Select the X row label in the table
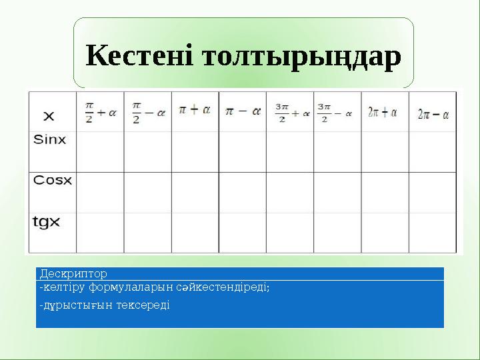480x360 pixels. click(x=48, y=116)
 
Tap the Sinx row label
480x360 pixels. click(x=50, y=140)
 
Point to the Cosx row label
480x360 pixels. click(x=52, y=181)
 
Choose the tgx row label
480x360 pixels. click(x=46, y=221)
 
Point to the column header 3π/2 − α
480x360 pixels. click(x=334, y=111)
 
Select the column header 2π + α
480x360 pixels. click(x=382, y=113)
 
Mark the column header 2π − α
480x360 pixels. click(x=433, y=113)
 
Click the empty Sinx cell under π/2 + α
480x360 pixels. click(x=100, y=152)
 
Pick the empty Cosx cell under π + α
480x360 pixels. click(x=195, y=193)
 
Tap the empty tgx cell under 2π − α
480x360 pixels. click(x=433, y=232)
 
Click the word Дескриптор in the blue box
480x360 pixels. click(x=73, y=273)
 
